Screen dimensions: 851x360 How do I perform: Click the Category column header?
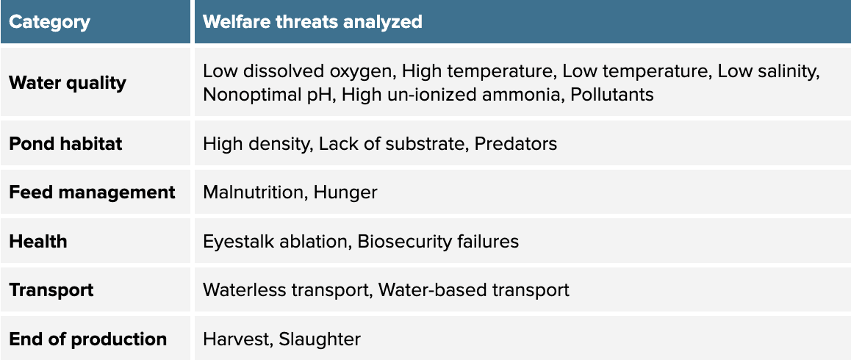pos(49,22)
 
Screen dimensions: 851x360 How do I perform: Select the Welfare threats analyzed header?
pos(312,22)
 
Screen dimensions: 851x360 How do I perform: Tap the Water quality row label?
pos(68,83)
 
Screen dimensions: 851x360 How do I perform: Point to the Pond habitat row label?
pos(65,143)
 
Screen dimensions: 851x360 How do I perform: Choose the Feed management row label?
pos(93,192)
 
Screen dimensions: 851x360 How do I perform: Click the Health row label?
pos(38,241)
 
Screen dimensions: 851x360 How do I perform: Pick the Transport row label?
pos(51,290)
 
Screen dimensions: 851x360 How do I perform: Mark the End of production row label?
pos(88,339)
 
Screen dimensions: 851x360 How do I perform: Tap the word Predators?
pos(516,143)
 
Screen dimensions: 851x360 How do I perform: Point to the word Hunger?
pos(345,193)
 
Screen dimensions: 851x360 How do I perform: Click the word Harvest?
pos(236,339)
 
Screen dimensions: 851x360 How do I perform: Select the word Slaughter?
pos(320,339)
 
